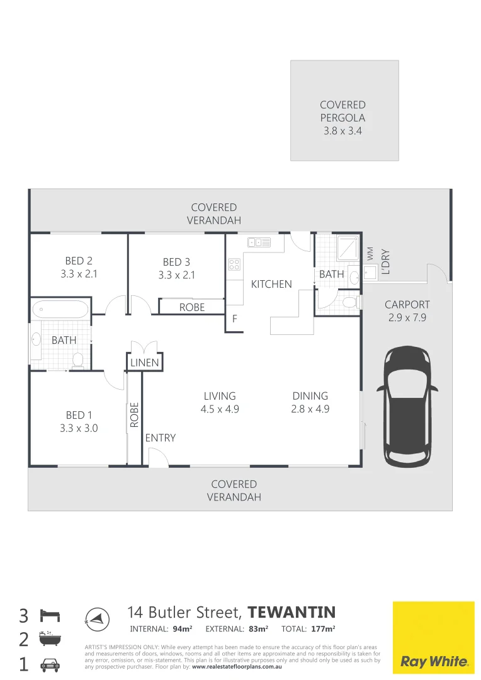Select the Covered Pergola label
[x=342, y=118]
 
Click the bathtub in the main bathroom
[x=60, y=309]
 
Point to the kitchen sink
[x=259, y=242]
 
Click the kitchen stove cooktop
[x=234, y=264]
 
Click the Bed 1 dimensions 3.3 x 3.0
[x=79, y=428]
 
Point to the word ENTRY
[x=161, y=438]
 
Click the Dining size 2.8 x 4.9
[x=310, y=409]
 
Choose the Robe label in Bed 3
[x=192, y=307]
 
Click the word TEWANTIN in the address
[x=291, y=613]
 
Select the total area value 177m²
[x=323, y=628]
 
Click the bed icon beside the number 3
[x=50, y=614]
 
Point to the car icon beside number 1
[x=50, y=664]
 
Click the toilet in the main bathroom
[x=78, y=360]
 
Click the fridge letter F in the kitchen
[x=234, y=319]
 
